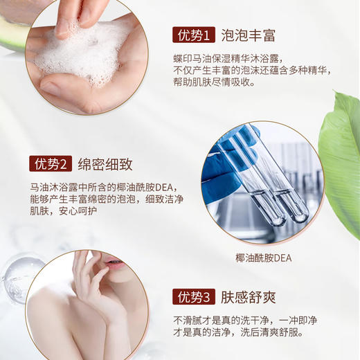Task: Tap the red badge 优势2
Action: [51, 164]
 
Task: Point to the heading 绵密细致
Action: [104, 164]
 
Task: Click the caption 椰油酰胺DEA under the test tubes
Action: [263, 258]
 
